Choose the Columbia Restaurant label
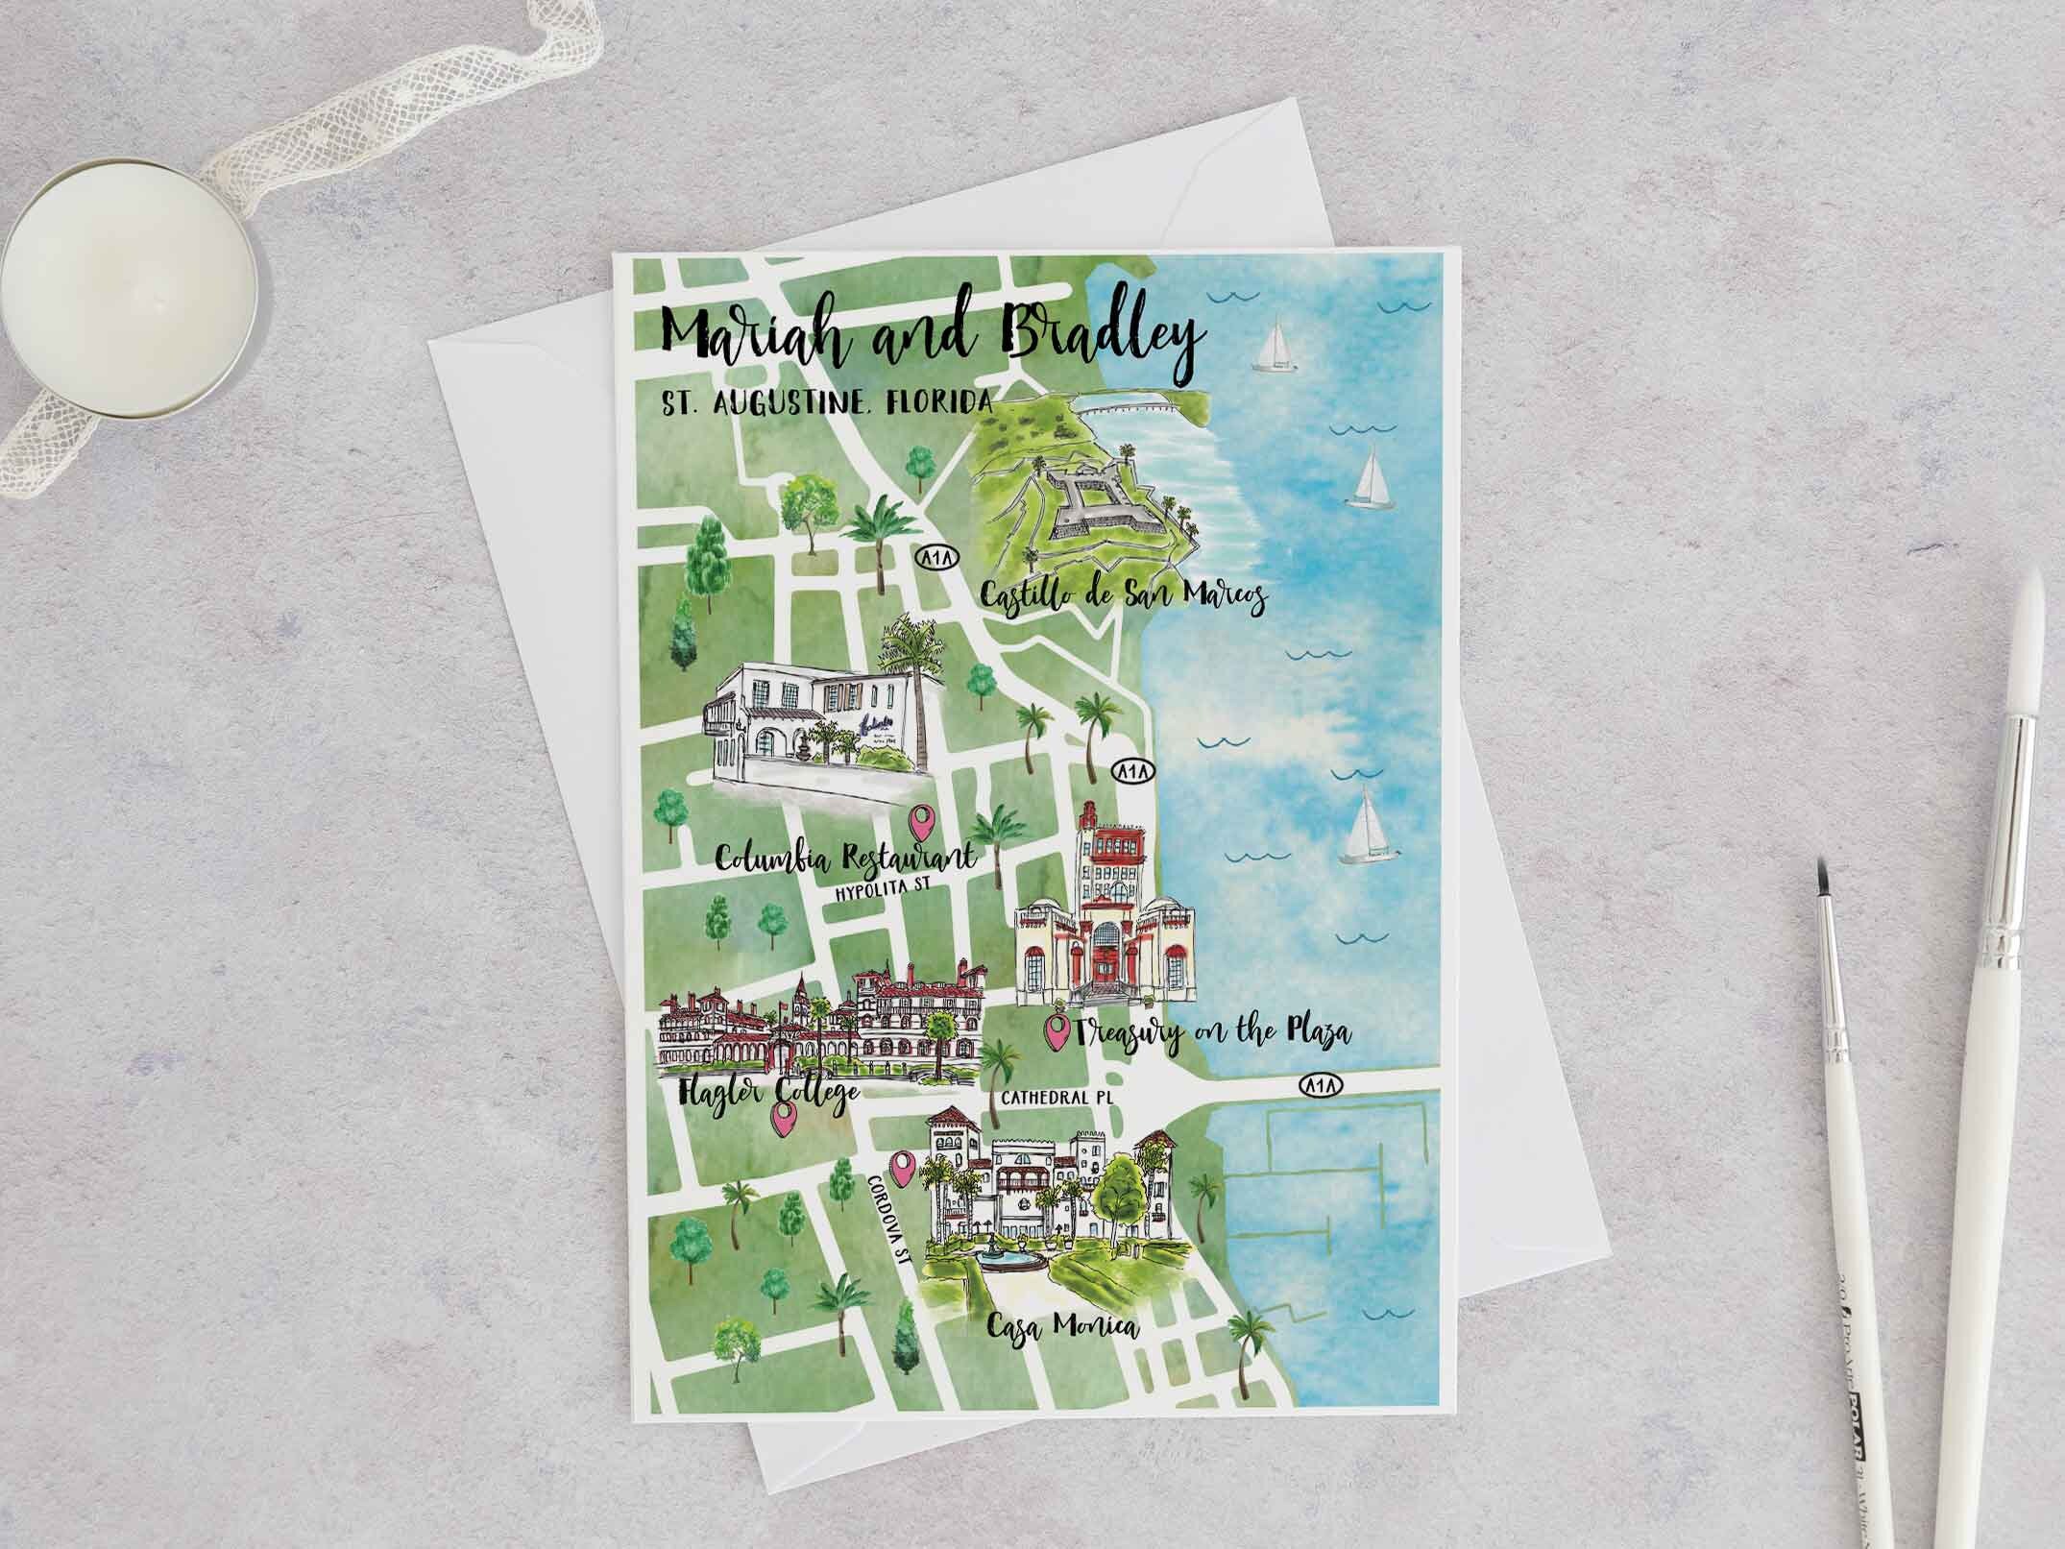point(846,857)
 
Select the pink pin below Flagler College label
point(787,1117)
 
